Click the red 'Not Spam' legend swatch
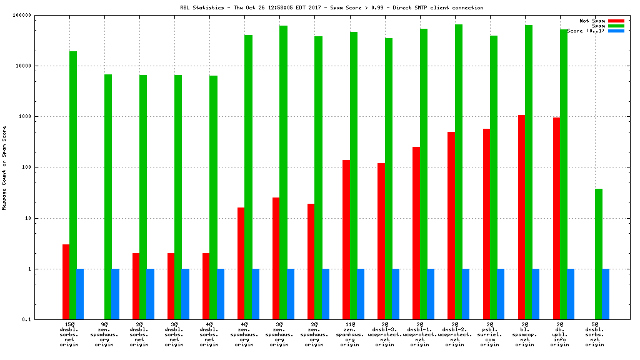616,21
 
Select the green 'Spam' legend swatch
616,26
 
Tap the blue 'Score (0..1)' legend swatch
616,31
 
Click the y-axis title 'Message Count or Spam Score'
4,167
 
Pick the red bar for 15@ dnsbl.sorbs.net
66,282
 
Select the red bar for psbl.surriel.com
486,224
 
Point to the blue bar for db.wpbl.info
571,294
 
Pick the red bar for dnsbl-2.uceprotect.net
451,226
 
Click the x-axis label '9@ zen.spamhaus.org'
104,334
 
